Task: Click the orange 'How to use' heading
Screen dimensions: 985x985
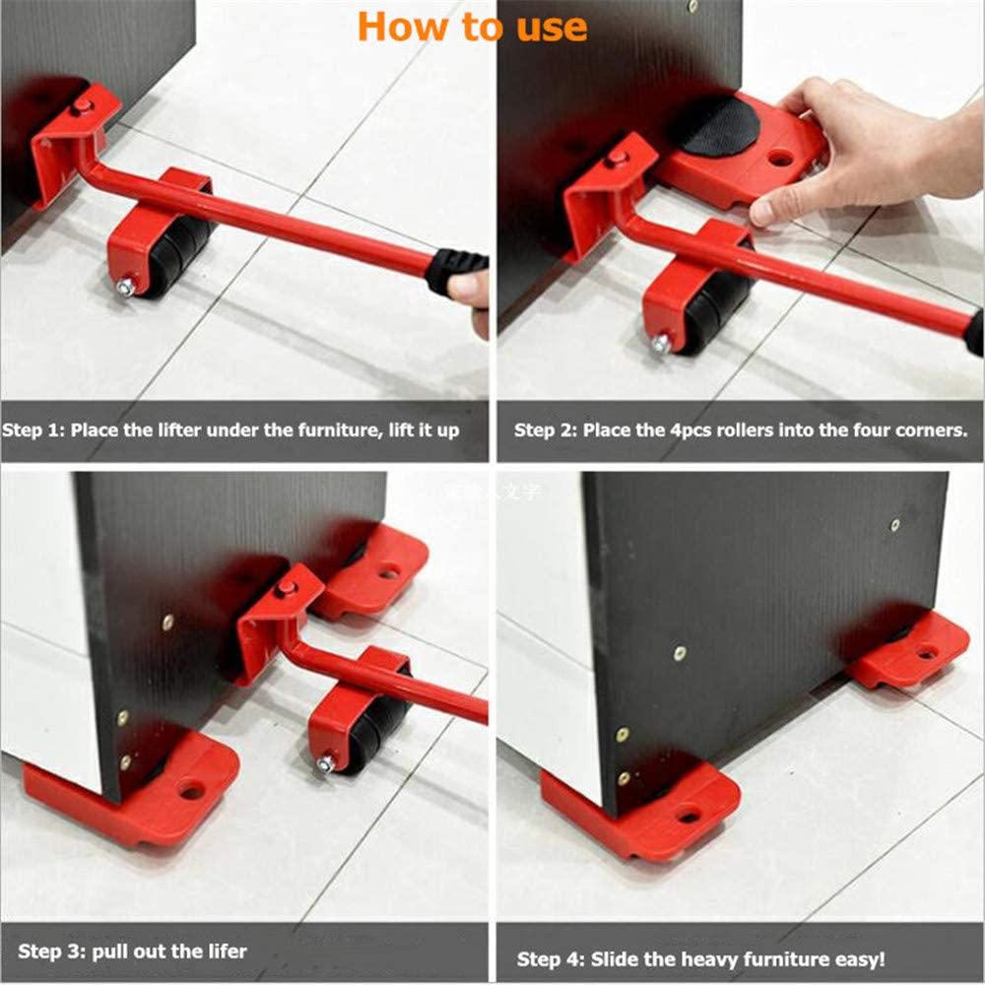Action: point(473,27)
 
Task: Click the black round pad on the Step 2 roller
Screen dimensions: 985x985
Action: point(716,126)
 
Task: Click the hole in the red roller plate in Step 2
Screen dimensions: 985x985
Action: point(781,156)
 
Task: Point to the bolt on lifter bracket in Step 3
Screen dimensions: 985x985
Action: point(287,588)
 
